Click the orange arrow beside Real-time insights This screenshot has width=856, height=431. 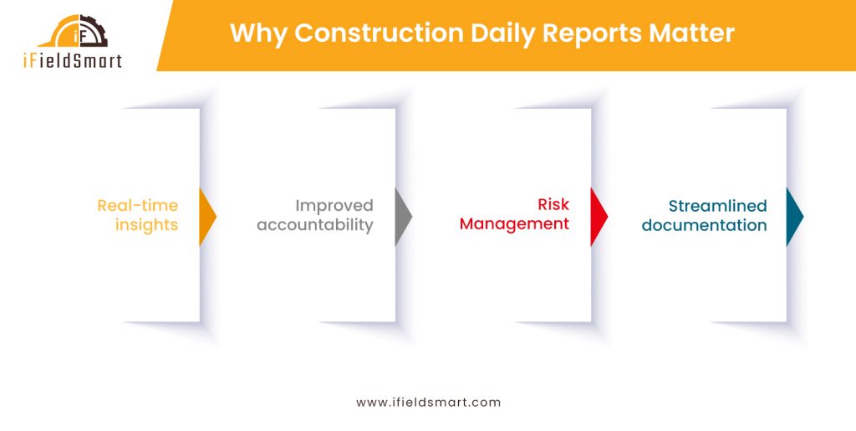pyautogui.click(x=206, y=217)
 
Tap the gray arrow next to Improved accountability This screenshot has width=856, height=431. pyautogui.click(x=402, y=217)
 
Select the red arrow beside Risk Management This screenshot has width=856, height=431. pyautogui.click(x=598, y=217)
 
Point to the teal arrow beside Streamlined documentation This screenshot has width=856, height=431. pyautogui.click(x=793, y=217)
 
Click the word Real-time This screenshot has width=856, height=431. pyautogui.click(x=137, y=206)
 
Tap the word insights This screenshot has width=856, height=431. pyautogui.click(x=146, y=225)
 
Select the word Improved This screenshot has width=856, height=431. pyautogui.click(x=334, y=206)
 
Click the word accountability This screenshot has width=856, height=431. pyautogui.click(x=314, y=225)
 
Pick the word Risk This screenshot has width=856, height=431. pyautogui.click(x=553, y=205)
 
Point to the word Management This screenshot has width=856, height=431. pyautogui.click(x=514, y=224)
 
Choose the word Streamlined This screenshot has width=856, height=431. pyautogui.click(x=717, y=206)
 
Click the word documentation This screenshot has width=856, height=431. pyautogui.click(x=704, y=225)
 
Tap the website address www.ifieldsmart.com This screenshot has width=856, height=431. pyautogui.click(x=428, y=403)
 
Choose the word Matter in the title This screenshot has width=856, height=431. pyautogui.click(x=694, y=33)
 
